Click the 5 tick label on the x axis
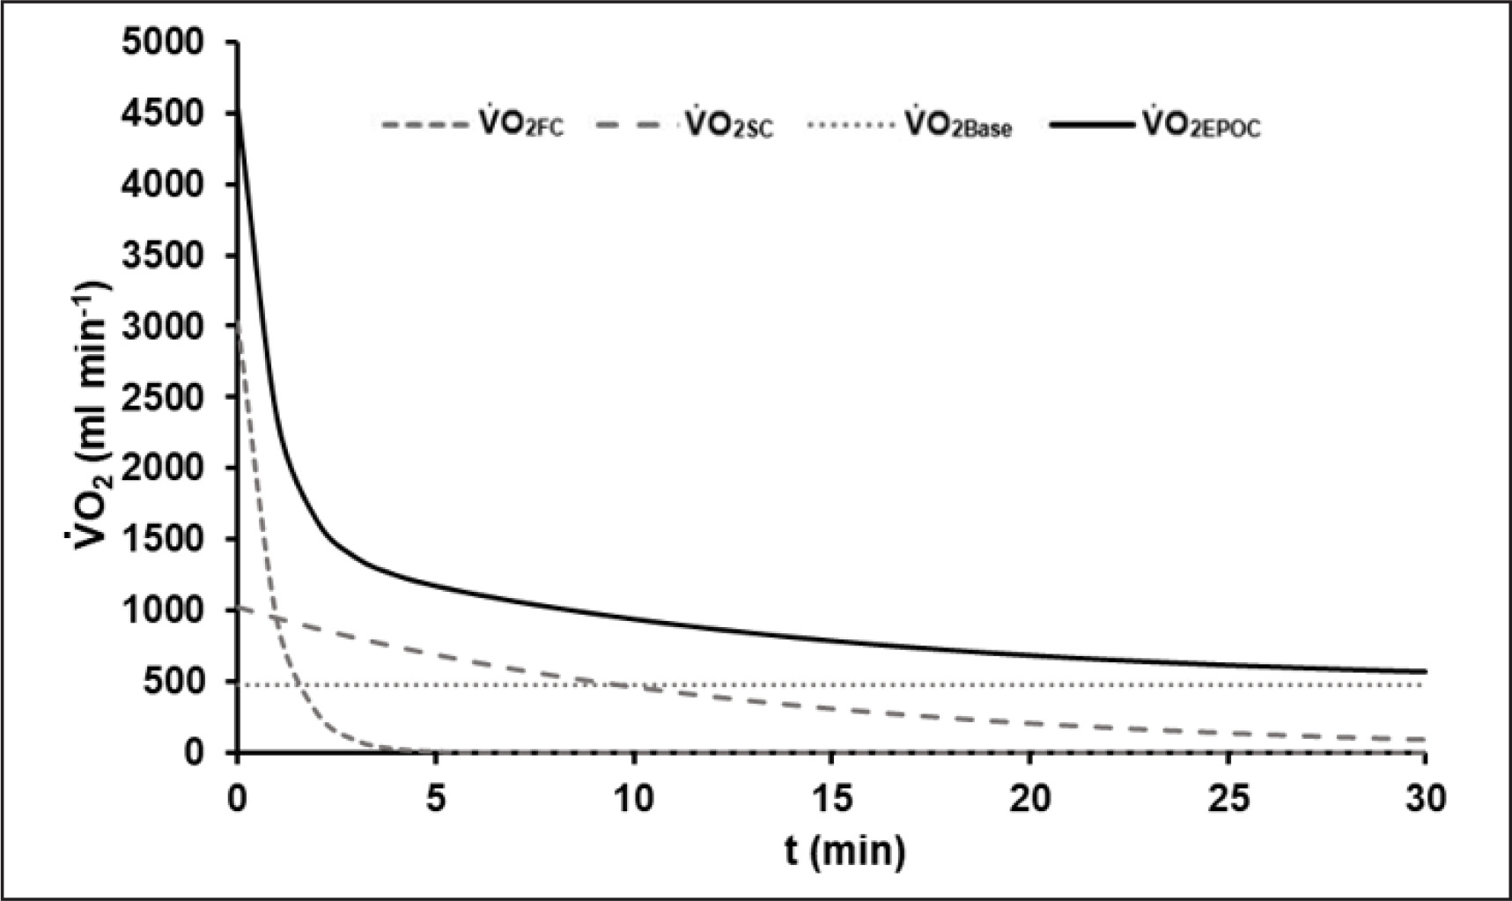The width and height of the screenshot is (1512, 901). (436, 799)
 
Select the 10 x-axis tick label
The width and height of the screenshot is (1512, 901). (634, 799)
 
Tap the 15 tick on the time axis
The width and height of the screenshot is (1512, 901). (832, 799)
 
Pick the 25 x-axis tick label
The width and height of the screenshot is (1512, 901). (1228, 799)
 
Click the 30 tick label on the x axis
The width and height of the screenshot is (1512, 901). (1426, 799)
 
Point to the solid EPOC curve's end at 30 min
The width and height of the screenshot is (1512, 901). (1425, 672)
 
